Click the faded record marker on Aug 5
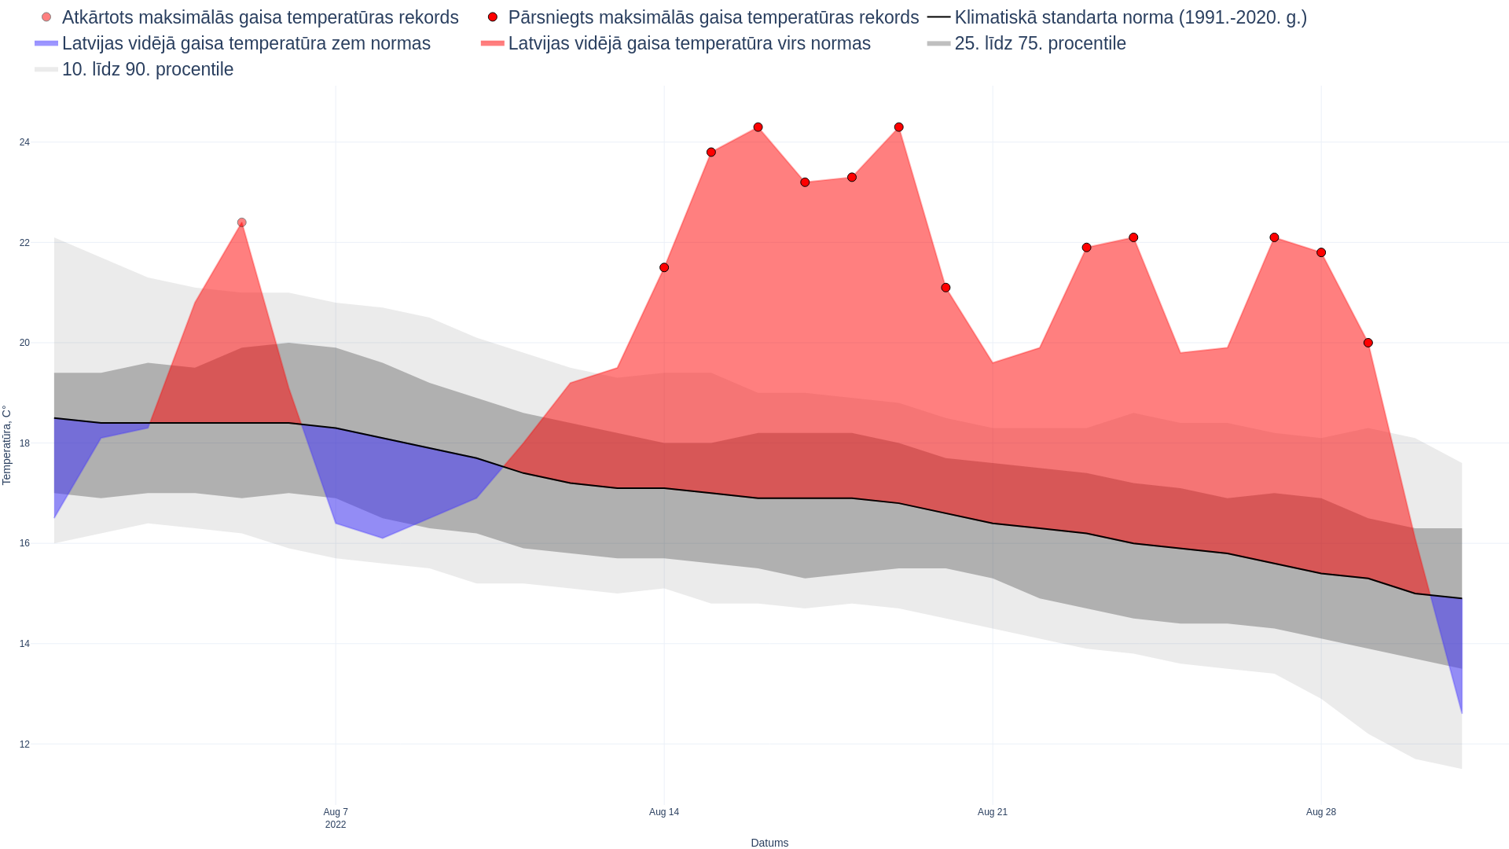[242, 222]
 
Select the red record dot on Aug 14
[664, 268]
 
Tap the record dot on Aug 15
[711, 153]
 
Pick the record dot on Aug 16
[758, 127]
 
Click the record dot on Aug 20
[945, 288]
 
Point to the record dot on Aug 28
[1321, 252]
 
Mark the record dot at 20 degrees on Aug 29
[1368, 343]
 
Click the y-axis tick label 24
[25, 142]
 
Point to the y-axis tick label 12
[25, 744]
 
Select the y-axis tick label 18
[25, 443]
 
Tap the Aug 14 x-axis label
[664, 812]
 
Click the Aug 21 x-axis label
[993, 812]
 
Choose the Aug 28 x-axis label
[1321, 812]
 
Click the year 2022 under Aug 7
[336, 825]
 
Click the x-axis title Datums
[769, 843]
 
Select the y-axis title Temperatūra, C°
[7, 445]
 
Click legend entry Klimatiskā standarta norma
[1130, 17]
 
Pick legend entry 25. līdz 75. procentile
[1040, 43]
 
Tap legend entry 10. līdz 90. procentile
[147, 69]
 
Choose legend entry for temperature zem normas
[246, 43]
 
